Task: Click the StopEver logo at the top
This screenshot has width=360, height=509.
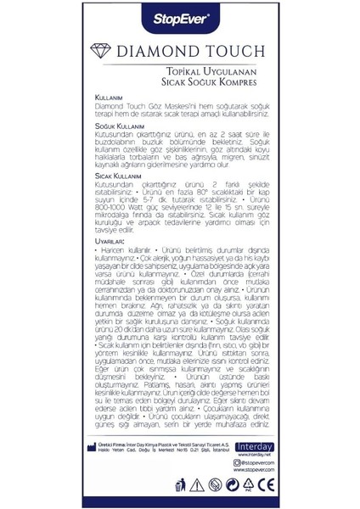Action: click(180, 16)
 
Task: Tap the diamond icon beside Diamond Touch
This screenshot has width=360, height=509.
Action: click(112, 49)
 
